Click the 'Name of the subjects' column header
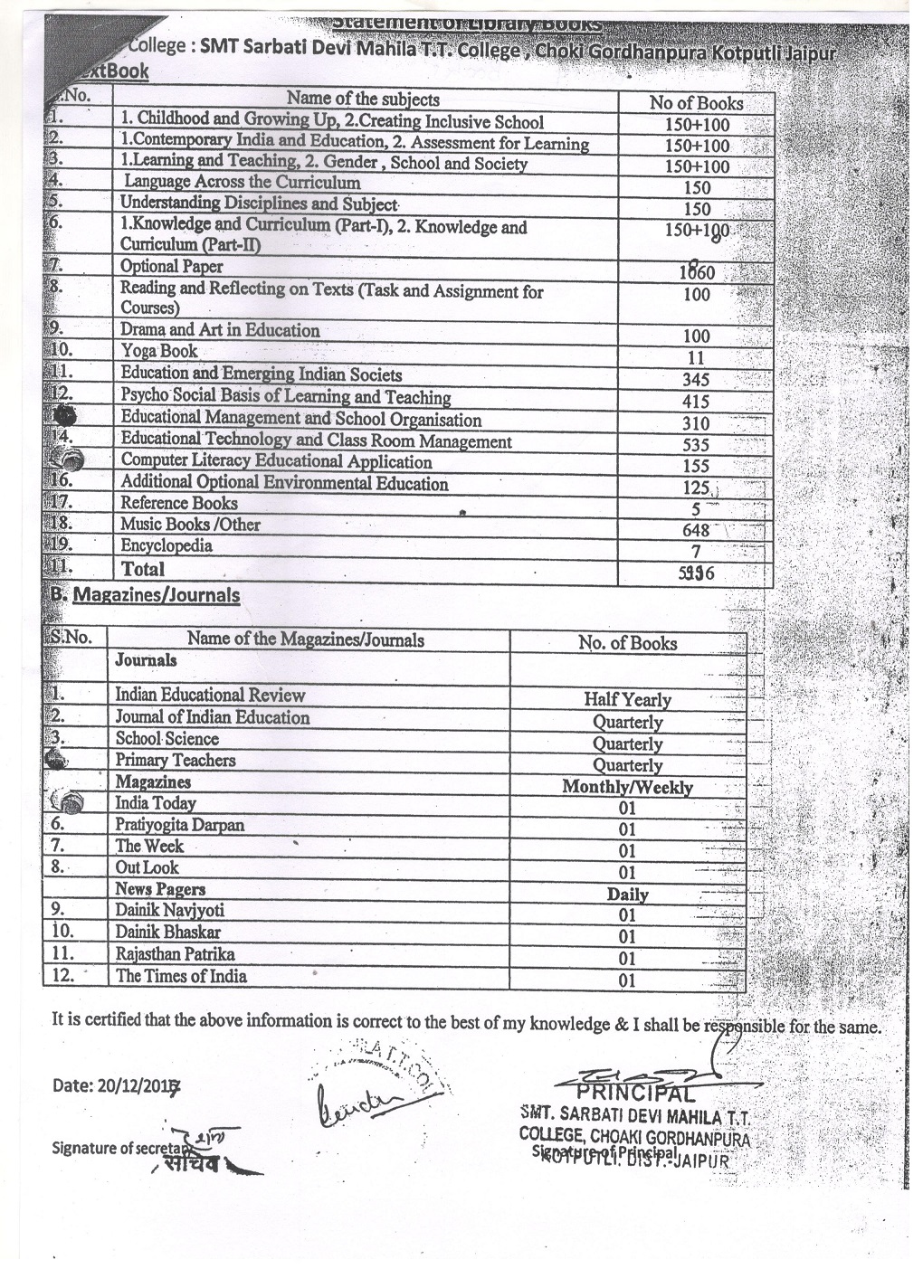[x=363, y=99]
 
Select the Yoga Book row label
[x=159, y=351]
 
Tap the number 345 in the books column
[x=696, y=380]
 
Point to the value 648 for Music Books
[x=696, y=531]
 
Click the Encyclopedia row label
[x=167, y=545]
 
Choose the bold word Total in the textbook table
[x=143, y=569]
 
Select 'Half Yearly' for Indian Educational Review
[x=627, y=700]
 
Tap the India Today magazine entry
[x=155, y=803]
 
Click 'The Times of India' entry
[x=180, y=976]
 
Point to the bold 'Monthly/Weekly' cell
[x=627, y=787]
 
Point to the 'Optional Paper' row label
[x=171, y=266]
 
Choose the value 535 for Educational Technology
[x=696, y=445]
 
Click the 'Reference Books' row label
[x=179, y=503]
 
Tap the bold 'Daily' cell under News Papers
[x=627, y=895]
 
